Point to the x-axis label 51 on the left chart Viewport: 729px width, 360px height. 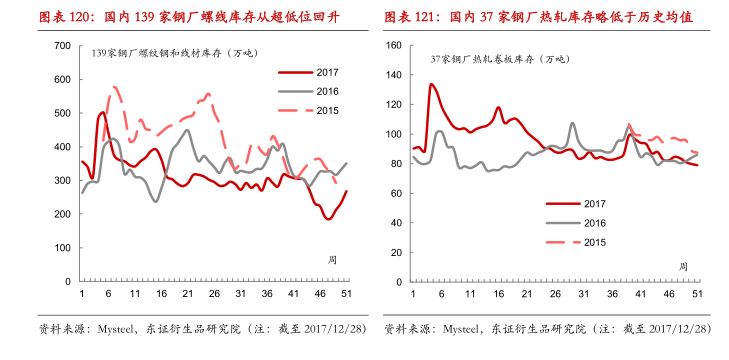[346, 293]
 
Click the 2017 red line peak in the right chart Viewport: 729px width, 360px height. [431, 84]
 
